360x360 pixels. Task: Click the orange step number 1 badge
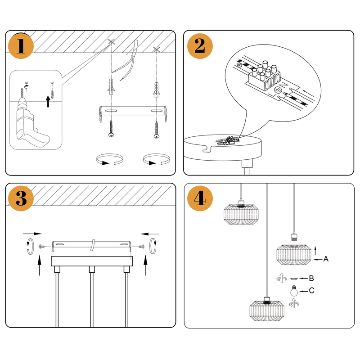point(21,46)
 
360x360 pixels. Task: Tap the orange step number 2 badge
point(200,46)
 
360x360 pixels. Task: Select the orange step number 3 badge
point(21,198)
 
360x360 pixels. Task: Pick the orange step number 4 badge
point(200,198)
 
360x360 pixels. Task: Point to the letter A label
point(326,259)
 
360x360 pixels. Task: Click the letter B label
point(311,279)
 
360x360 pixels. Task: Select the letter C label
point(311,291)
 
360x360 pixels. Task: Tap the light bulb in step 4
point(294,290)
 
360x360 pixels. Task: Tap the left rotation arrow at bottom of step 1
point(110,160)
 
